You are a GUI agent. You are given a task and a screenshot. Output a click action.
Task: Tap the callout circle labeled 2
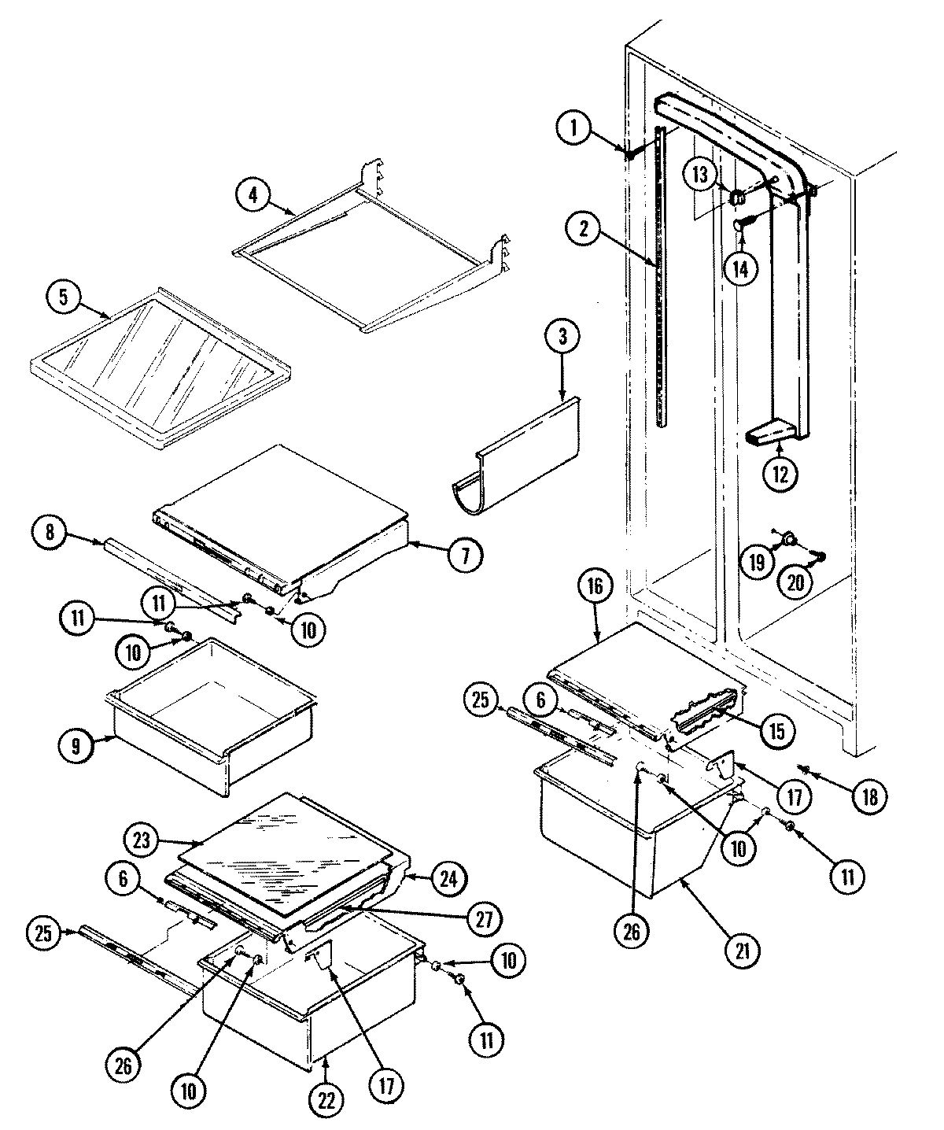point(584,229)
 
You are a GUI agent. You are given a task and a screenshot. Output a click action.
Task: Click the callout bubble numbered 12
point(779,474)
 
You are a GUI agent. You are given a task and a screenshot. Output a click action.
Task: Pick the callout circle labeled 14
point(741,268)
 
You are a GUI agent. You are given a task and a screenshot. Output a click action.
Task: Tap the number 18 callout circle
point(870,795)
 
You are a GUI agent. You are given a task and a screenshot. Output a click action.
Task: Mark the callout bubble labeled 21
point(743,952)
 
